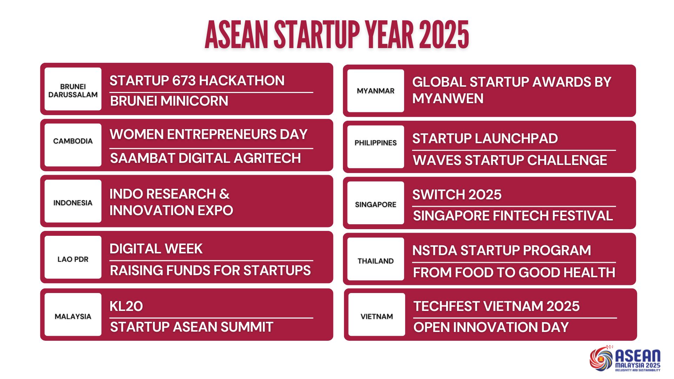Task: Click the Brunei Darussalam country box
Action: coord(73,89)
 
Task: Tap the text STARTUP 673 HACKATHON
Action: coord(197,81)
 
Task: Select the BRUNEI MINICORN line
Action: coord(169,101)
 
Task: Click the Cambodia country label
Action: coord(73,141)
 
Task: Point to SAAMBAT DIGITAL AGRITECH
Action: coord(205,158)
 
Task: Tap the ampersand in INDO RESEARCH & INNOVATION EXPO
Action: coord(224,194)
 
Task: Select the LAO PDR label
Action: coord(73,259)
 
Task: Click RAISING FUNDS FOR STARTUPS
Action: coord(210,271)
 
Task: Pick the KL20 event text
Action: coord(126,306)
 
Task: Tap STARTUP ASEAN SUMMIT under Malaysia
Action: coord(192,327)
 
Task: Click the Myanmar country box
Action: coord(376,91)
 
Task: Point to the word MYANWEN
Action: coord(448,99)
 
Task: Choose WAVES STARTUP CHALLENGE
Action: coord(510,160)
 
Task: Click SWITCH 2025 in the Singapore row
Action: coord(457,195)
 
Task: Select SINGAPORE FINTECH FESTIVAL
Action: coord(513,216)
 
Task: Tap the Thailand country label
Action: coord(376,261)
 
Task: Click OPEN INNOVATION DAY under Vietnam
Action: coord(491,327)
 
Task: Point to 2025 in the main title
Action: coord(444,35)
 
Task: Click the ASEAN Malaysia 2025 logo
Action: coord(625,359)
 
